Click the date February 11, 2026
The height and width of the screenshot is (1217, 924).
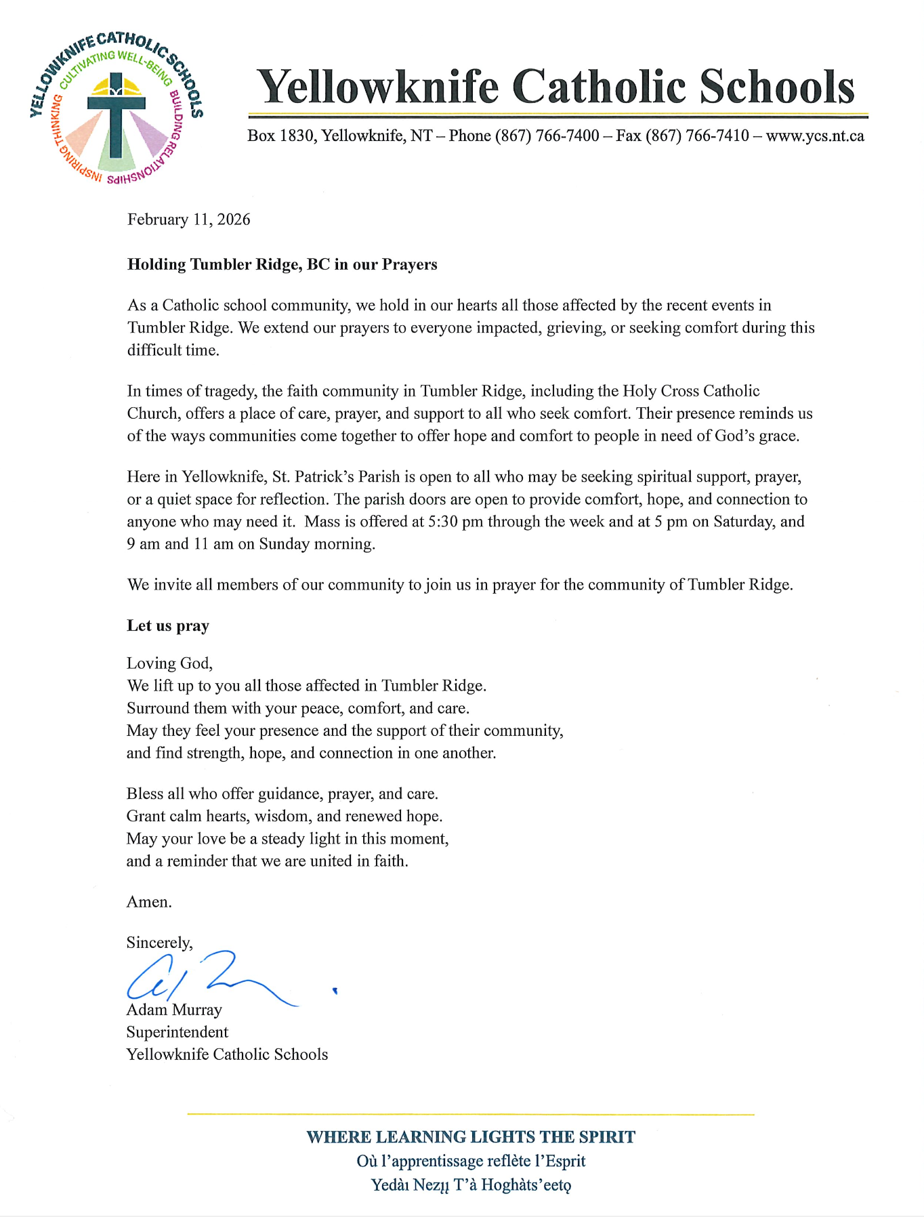[188, 220]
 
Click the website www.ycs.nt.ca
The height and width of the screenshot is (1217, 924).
[815, 136]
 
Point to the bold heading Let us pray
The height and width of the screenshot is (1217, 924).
[168, 625]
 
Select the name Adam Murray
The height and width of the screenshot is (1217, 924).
[174, 1010]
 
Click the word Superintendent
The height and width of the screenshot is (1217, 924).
[177, 1032]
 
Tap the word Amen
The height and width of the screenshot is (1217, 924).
[149, 902]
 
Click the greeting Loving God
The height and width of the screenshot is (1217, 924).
[169, 663]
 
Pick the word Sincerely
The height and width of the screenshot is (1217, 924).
[159, 943]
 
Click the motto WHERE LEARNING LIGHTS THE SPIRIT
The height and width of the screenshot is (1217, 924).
[471, 1137]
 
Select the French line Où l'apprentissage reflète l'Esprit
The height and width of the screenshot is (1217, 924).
[471, 1161]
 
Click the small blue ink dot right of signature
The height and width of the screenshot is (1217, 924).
[335, 991]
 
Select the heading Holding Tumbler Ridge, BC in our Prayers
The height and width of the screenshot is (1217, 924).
[282, 264]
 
